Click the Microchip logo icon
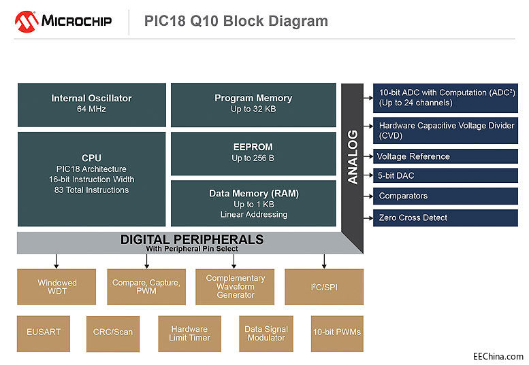27,21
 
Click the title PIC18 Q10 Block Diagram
236,21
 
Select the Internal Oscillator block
91,104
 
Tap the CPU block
91,178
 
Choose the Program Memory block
253,104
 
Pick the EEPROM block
253,153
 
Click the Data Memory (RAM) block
253,203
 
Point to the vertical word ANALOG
353,157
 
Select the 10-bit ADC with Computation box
445,98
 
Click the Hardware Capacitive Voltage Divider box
445,131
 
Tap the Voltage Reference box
445,156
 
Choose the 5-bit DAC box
445,176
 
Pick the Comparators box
445,196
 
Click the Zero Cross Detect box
445,218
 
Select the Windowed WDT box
57,287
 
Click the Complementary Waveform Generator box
235,287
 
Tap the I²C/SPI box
323,287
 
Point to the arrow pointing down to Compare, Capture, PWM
146,261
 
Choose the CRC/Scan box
112,332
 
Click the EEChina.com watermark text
498,356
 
